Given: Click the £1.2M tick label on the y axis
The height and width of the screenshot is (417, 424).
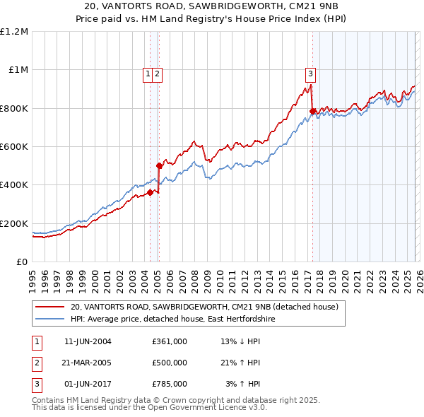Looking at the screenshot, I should (14, 31).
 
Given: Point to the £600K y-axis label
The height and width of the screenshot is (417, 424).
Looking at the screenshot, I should (14, 146).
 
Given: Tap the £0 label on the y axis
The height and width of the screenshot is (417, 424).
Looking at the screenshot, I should (21, 262).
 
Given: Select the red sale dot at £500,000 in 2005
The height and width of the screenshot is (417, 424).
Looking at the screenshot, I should (159, 165).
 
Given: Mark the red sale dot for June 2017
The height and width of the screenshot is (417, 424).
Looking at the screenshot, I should (312, 111).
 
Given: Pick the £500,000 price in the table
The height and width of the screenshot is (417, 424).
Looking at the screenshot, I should (169, 363).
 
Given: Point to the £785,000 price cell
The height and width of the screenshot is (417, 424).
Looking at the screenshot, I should (169, 384).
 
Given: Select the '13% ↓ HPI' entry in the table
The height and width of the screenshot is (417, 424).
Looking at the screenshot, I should (240, 341).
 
